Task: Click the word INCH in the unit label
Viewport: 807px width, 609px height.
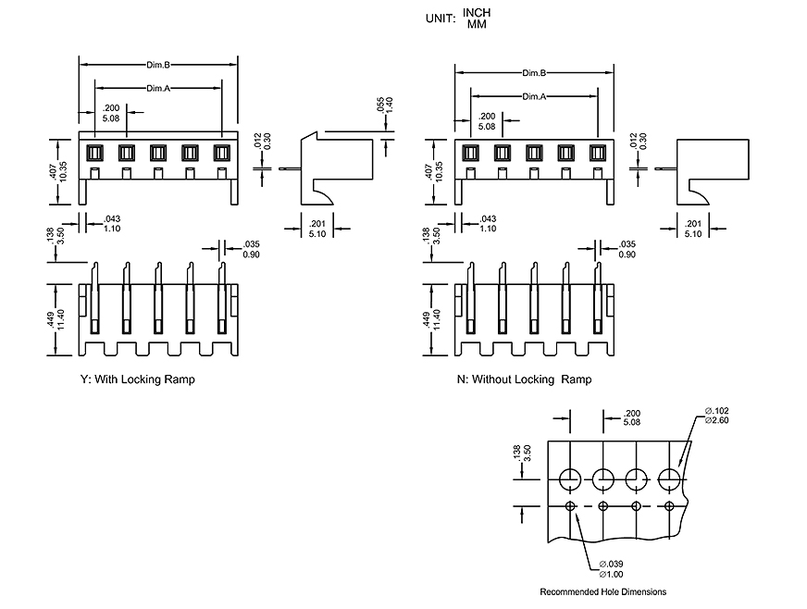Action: pyautogui.click(x=478, y=13)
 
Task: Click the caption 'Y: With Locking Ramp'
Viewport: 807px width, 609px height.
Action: pyautogui.click(x=138, y=379)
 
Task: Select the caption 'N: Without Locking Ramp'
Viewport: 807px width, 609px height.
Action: pyautogui.click(x=524, y=379)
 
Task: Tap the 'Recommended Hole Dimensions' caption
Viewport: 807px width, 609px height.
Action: pyautogui.click(x=602, y=592)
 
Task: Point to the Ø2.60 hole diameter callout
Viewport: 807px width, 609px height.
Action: pyautogui.click(x=717, y=421)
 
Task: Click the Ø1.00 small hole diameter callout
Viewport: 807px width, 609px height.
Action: pyautogui.click(x=612, y=574)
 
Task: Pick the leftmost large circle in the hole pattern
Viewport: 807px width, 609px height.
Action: pyautogui.click(x=570, y=478)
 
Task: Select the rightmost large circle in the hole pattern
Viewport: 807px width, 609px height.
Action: pyautogui.click(x=670, y=478)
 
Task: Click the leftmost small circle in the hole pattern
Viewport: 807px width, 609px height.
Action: pyautogui.click(x=570, y=505)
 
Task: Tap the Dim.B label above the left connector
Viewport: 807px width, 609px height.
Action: pyautogui.click(x=158, y=65)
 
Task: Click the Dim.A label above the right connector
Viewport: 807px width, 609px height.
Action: pyautogui.click(x=533, y=96)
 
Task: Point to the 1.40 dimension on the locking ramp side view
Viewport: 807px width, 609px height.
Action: pyautogui.click(x=390, y=106)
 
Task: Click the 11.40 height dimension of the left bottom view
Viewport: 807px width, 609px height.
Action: pyautogui.click(x=62, y=320)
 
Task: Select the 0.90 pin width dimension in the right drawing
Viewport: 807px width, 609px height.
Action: pyautogui.click(x=627, y=255)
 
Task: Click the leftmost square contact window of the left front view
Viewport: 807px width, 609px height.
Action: pyautogui.click(x=93, y=153)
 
